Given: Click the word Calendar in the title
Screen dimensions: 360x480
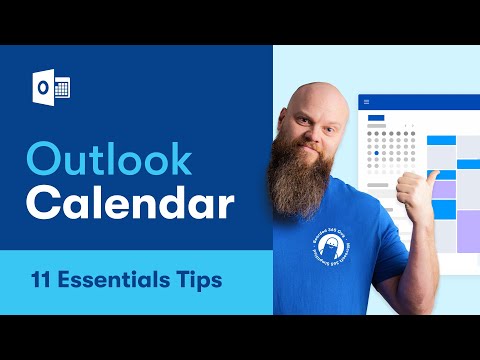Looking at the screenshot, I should pos(130,203).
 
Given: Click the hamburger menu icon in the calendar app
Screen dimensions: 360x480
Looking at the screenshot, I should pos(366,102).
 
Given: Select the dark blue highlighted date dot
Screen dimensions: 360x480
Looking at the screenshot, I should pos(375,153).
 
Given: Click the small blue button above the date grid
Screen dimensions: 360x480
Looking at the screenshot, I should pos(376,118).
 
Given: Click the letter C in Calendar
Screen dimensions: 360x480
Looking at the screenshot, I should pos(43,203).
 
